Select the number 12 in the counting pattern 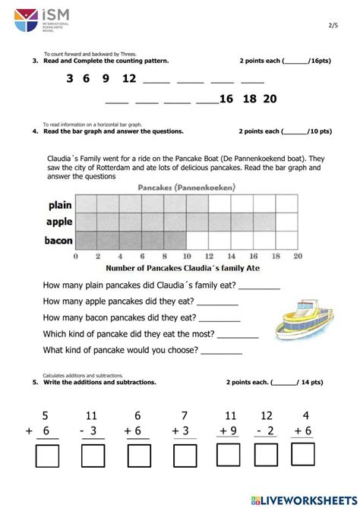tap(128, 79)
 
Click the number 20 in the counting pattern tap(269, 99)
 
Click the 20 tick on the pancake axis tap(298, 256)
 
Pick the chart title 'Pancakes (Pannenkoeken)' tap(186, 187)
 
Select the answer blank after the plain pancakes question tap(260, 287)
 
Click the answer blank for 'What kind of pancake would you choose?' tap(222, 352)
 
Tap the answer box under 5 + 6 tap(48, 456)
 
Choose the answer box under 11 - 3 tap(93, 456)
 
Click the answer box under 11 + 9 tap(228, 456)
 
